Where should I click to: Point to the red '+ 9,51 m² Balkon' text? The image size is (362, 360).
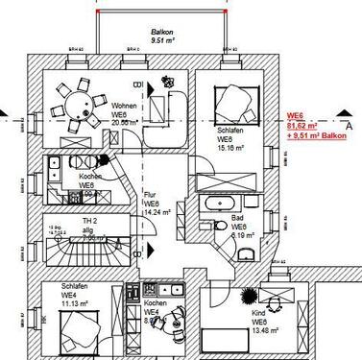pyautogui.click(x=314, y=136)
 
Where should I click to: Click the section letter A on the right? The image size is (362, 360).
pyautogui.click(x=349, y=123)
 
